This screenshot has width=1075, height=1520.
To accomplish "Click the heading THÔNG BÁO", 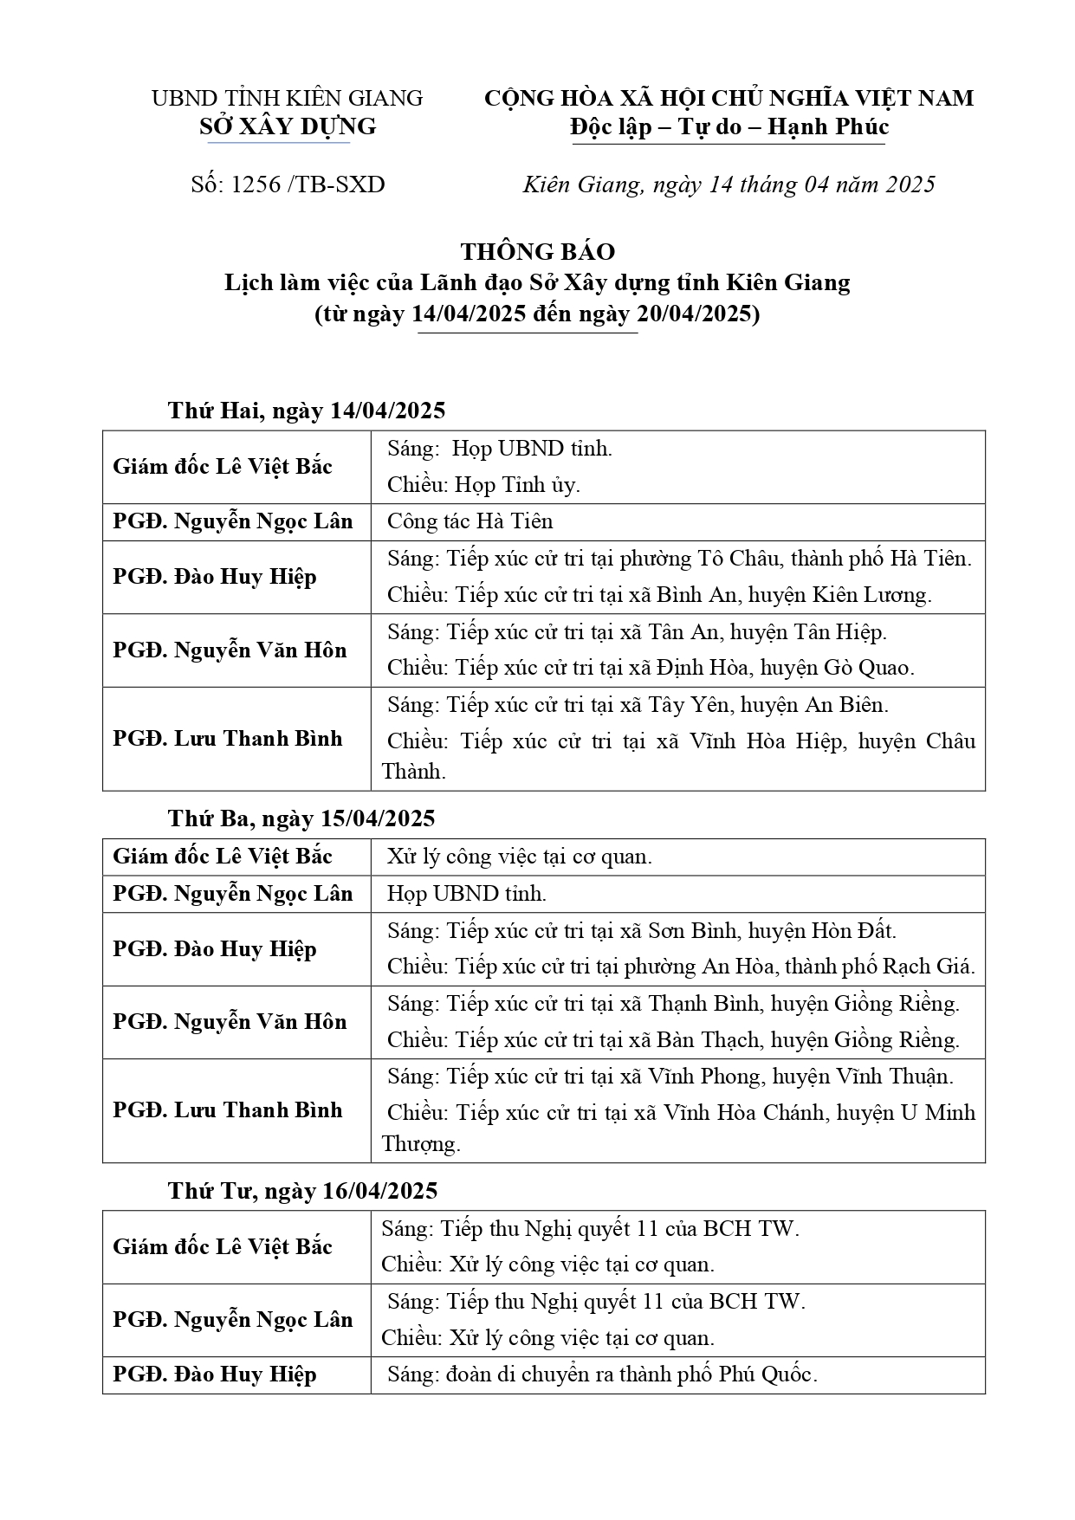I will click(537, 252).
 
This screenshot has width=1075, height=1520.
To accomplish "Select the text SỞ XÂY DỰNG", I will click(288, 126).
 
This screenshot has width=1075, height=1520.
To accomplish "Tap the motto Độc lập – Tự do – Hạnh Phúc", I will click(729, 127).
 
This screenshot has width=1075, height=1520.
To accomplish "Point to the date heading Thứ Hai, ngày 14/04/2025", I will click(307, 410).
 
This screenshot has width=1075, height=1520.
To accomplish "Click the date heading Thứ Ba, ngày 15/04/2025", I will click(301, 818).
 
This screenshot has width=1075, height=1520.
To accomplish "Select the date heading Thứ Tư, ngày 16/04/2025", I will click(302, 1191).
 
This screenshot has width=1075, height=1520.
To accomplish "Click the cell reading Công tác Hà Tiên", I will click(470, 521).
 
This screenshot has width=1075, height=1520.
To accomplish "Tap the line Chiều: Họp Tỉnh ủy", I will click(483, 485).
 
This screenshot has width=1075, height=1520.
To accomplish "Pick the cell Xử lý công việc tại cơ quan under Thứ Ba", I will click(519, 857).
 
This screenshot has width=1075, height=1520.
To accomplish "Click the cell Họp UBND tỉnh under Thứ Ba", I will click(467, 893).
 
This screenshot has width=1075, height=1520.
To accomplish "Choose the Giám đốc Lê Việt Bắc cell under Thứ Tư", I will click(223, 1246).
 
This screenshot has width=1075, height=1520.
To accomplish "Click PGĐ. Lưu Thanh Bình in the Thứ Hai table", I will click(228, 739).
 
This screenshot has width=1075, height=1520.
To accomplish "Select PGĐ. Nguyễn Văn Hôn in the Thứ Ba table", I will click(230, 1022).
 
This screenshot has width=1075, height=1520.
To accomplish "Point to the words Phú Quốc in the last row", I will click(767, 1374).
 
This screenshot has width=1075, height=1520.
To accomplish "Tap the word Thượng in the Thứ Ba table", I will click(421, 1144).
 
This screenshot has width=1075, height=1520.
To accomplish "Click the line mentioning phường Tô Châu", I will click(679, 559).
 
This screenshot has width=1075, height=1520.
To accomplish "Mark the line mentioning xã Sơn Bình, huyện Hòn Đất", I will click(641, 931).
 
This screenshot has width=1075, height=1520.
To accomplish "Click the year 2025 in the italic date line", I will click(907, 184).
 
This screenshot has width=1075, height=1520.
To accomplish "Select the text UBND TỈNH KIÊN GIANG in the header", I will click(288, 98).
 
